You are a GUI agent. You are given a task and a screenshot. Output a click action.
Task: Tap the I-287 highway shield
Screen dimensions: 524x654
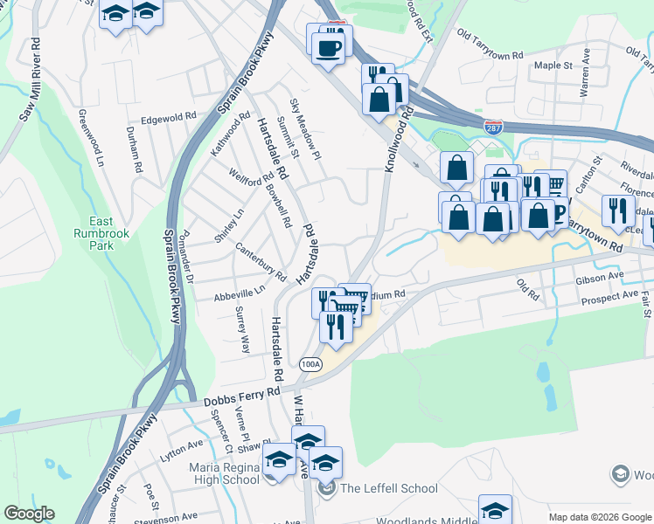coord(494,128)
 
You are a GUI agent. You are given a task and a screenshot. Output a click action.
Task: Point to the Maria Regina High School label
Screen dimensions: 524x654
coord(224,473)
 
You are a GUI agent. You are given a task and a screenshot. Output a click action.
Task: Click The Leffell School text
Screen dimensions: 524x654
coord(389,488)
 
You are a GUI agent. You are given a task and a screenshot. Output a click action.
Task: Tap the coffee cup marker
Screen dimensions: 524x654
coord(328,47)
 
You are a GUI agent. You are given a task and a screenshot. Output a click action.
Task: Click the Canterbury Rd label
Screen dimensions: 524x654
coord(261,262)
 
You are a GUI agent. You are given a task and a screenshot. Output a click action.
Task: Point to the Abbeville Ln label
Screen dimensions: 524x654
coord(240,294)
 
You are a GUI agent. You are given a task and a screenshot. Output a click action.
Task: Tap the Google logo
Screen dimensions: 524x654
coord(29,514)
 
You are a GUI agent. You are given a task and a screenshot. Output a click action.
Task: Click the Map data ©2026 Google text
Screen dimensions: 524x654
coord(600,517)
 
